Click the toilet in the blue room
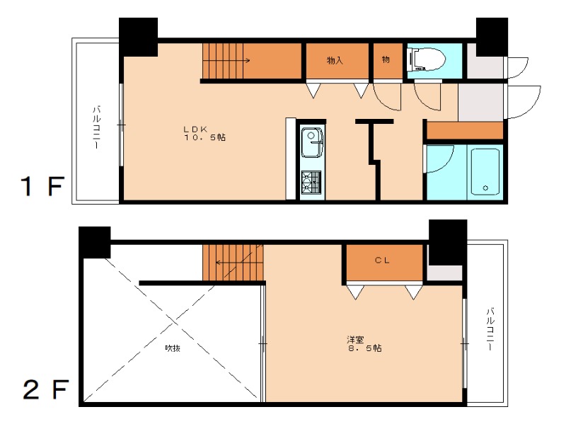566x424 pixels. tap(427, 60)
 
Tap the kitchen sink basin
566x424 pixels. tap(312, 142)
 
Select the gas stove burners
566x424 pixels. tap(311, 183)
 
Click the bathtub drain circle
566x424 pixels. tap(485, 188)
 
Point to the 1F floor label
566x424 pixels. tap(42, 186)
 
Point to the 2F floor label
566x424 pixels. tap(45, 389)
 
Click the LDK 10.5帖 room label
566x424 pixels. tap(204, 133)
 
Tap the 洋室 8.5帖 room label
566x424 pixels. tap(364, 344)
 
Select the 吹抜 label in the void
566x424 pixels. tap(173, 348)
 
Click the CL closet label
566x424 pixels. tap(382, 260)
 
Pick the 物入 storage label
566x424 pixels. tap(335, 60)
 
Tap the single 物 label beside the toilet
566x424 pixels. tap(386, 59)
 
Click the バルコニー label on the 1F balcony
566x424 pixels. tap(97, 127)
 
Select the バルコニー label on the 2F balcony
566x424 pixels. tap(490, 328)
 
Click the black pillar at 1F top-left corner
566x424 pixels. tap(138, 37)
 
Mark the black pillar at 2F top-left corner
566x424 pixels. tap(95, 242)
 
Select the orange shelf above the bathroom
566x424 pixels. tap(465, 130)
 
